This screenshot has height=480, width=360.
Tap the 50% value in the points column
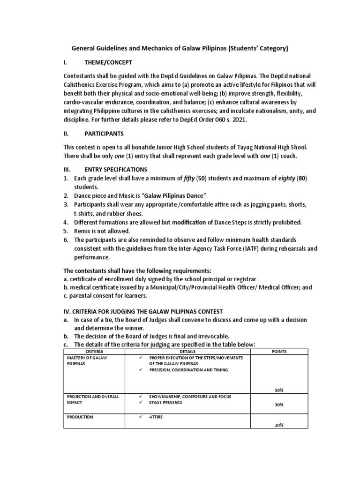click(279, 390)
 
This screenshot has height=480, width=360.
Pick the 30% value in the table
click(279, 405)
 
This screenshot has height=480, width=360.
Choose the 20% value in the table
click(279, 425)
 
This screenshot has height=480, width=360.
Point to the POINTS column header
click(279, 352)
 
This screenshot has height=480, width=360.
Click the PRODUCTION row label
click(80, 417)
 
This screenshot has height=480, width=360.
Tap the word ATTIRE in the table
click(156, 417)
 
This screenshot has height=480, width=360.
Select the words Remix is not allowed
click(102, 231)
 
